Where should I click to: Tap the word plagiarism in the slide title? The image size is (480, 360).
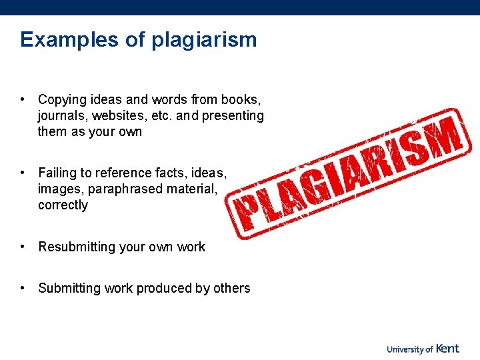[x=204, y=40]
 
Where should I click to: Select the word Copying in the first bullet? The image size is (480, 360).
[x=62, y=100]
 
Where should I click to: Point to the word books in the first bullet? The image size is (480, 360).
[x=243, y=100]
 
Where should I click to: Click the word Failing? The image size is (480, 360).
[x=57, y=173]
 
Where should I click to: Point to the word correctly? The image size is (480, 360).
[x=63, y=205]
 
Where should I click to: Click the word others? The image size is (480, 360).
[x=232, y=289]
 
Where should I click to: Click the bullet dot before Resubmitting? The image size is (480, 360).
[x=23, y=247]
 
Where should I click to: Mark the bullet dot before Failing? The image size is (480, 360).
[x=23, y=173]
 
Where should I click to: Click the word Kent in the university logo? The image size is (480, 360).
[x=448, y=348]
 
